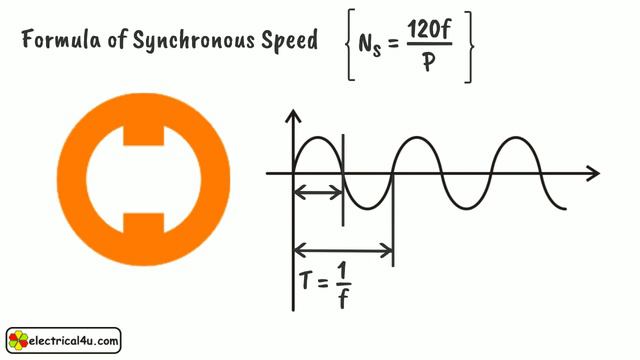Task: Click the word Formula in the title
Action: point(59,41)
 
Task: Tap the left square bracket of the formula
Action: point(346,45)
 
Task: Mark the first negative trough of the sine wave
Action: point(367,208)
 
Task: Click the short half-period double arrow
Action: point(317,190)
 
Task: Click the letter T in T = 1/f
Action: point(306,284)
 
